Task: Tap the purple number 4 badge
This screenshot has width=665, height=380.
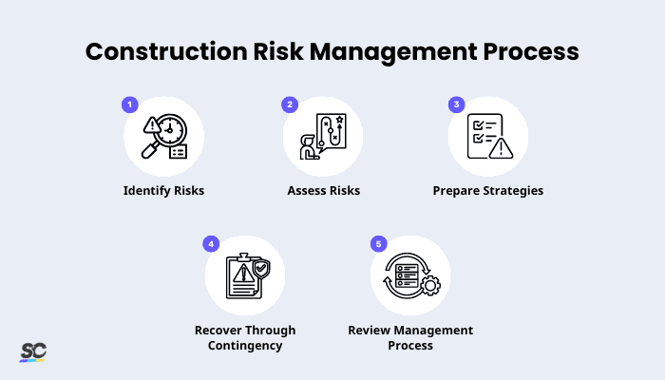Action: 211,244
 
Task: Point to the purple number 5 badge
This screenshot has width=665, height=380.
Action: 378,244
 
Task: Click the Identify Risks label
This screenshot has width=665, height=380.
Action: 163,190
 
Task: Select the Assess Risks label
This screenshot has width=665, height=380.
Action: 323,190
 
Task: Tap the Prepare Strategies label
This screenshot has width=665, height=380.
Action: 488,190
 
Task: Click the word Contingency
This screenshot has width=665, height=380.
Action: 245,345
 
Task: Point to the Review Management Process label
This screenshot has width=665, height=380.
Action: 410,337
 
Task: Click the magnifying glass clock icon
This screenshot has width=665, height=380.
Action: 163,137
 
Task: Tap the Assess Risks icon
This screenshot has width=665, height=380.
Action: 323,137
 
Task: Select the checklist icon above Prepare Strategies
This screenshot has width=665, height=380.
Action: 488,137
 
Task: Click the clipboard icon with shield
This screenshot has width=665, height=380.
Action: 245,276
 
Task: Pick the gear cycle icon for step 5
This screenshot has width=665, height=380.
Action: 410,276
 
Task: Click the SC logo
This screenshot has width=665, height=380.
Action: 33,351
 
